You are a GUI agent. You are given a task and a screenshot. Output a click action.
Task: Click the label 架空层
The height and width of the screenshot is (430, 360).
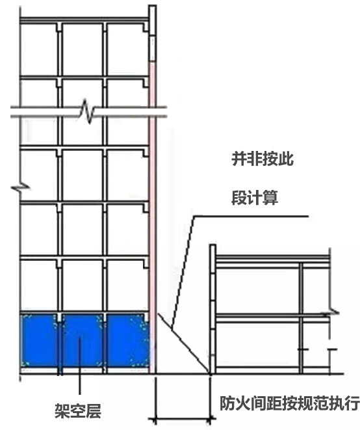coord(78,410)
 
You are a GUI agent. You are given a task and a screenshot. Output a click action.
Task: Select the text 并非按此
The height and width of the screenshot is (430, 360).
coord(263,159)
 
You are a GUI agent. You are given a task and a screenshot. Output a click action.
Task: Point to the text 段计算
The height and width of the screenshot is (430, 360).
coord(255,198)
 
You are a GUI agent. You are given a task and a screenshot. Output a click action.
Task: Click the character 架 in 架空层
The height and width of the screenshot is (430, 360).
coord(62,410)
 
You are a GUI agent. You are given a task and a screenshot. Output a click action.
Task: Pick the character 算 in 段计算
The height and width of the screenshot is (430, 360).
coord(271,198)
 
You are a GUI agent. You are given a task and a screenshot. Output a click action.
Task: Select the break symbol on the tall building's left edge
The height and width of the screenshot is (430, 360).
coord(21,189)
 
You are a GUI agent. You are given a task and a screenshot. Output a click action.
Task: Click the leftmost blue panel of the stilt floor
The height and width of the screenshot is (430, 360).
coord(39,341)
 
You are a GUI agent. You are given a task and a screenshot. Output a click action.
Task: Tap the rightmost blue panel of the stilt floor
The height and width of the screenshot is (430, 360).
coord(128,341)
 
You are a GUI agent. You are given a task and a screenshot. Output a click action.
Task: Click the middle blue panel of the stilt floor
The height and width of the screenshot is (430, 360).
coord(82,341)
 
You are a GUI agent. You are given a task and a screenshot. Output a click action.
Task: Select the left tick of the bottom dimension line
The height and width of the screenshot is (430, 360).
coord(155,420)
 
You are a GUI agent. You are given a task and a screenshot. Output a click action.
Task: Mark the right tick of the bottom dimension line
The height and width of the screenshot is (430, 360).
coord(211,420)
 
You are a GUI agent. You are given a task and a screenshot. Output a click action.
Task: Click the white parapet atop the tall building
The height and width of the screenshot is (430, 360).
coord(153,33)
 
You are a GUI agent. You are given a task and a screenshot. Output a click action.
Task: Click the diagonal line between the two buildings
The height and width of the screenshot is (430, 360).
coord(183,343)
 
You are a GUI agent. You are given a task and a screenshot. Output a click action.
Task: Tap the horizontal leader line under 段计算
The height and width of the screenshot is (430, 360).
coord(251,217)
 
